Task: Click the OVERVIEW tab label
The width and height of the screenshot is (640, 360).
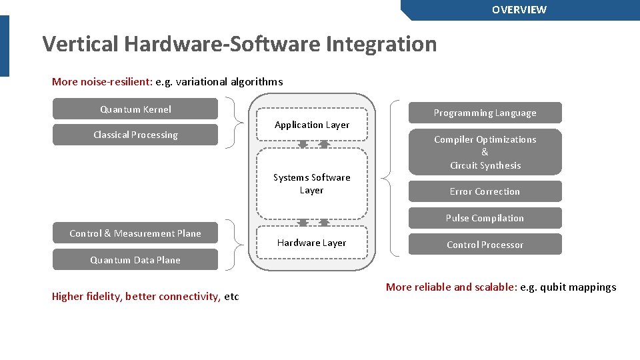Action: [x=519, y=10]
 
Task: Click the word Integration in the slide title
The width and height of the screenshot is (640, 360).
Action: [x=381, y=44]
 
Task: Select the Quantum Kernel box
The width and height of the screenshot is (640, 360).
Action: [x=135, y=109]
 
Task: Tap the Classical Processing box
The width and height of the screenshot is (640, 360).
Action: [x=135, y=135]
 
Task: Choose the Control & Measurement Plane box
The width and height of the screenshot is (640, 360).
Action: [x=135, y=233]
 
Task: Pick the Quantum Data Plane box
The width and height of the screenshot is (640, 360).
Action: [x=135, y=260]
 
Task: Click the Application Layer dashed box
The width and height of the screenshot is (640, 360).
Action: [x=312, y=125]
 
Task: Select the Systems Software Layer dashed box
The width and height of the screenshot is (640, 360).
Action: [x=312, y=184]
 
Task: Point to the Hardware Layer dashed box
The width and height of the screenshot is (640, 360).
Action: [x=312, y=243]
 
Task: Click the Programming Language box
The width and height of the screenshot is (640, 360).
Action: [x=485, y=113]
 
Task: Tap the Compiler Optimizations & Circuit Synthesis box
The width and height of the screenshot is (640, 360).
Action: [x=485, y=152]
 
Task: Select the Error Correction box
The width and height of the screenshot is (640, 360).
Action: [x=485, y=191]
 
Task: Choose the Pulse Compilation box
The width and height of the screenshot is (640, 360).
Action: [x=485, y=218]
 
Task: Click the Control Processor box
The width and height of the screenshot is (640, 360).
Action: [x=485, y=245]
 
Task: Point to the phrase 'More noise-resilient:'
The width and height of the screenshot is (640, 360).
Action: [x=102, y=82]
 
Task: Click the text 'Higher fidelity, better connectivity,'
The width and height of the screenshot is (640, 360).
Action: [x=136, y=297]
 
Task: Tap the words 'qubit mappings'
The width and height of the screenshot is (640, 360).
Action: [x=581, y=287]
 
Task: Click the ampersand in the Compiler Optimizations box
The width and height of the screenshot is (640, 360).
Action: [x=485, y=152]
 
